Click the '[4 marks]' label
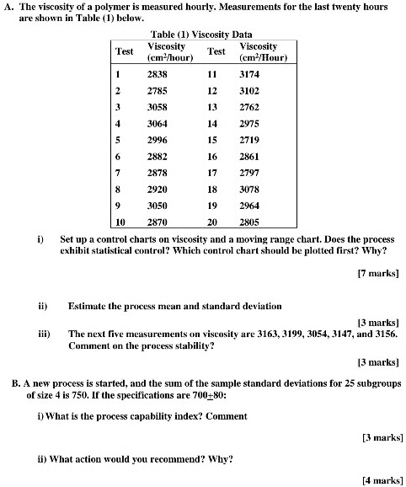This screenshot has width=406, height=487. point(382,479)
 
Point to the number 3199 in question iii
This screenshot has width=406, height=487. point(302,334)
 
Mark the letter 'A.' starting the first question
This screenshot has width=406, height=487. point(8,6)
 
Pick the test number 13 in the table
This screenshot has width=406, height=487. point(213,107)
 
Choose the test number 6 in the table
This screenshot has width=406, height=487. point(119,157)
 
